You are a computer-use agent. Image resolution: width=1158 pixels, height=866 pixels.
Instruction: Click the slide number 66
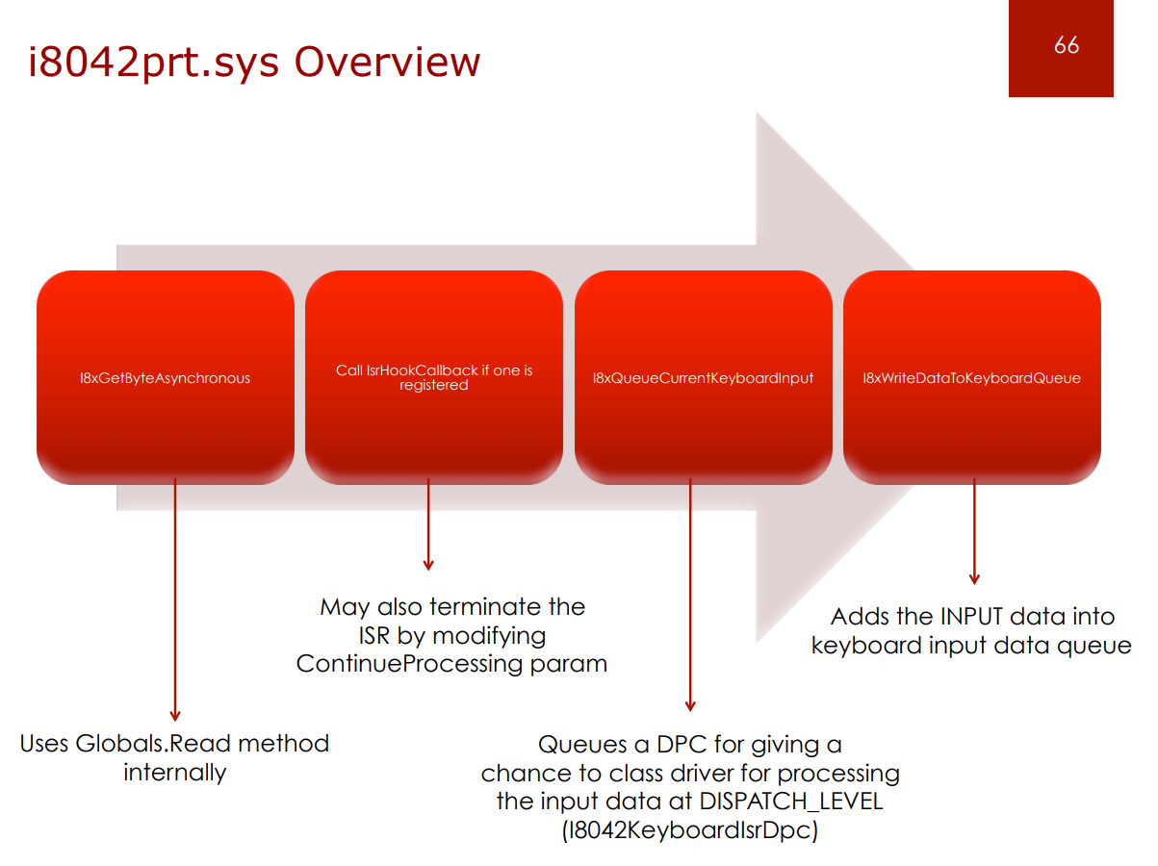point(1066,45)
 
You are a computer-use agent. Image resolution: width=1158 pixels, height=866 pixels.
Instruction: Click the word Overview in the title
point(387,62)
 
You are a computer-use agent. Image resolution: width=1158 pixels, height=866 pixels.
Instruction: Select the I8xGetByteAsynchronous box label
point(165,378)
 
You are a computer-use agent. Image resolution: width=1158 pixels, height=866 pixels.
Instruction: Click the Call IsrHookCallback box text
point(434,377)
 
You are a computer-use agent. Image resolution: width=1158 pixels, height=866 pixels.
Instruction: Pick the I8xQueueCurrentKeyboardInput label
point(703,378)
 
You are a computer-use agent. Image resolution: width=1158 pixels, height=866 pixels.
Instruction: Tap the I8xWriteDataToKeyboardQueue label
point(971,378)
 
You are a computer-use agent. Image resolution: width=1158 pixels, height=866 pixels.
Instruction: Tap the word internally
point(174,772)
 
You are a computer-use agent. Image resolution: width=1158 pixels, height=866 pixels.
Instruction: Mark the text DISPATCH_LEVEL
point(791,801)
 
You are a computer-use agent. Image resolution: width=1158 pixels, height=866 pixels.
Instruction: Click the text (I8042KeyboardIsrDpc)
point(689,829)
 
